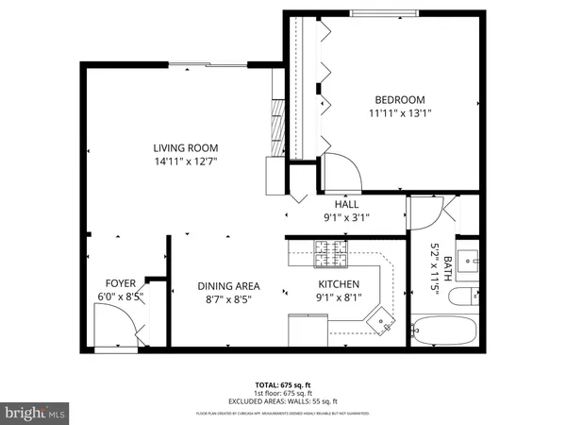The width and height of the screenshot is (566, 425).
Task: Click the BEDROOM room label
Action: point(400,100)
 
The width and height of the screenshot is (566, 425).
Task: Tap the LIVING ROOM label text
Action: point(187,147)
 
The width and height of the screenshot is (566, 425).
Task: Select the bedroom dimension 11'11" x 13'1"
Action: point(400,114)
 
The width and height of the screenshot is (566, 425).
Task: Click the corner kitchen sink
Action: point(383,322)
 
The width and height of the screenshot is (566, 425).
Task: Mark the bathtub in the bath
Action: point(448,331)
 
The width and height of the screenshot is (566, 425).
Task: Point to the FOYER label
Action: point(121,282)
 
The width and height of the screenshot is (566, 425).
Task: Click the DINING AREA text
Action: point(228,286)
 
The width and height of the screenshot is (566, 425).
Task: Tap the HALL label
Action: point(346,204)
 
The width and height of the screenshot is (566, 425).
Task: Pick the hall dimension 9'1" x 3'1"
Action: point(346,217)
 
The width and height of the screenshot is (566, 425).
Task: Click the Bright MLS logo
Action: point(36,412)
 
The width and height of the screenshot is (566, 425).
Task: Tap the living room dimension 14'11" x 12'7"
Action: point(187,161)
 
